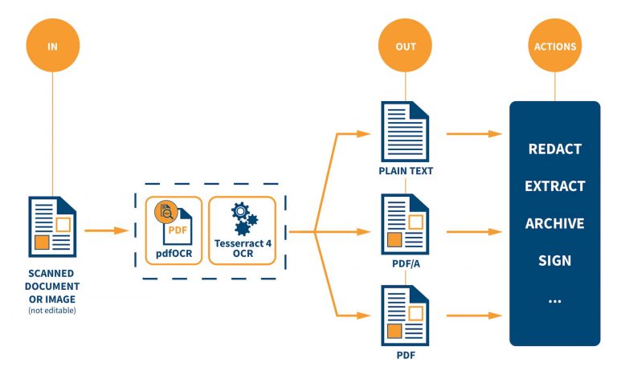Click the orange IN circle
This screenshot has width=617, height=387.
tap(52, 46)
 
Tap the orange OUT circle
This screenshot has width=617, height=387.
tap(406, 46)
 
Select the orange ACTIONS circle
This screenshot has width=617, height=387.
tap(554, 46)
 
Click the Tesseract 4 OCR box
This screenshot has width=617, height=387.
tap(242, 230)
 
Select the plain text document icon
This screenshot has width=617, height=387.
tap(405, 132)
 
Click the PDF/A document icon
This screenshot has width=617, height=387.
tap(405, 224)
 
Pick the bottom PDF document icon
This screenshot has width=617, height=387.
tap(405, 316)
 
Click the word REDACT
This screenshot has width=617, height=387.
tap(554, 149)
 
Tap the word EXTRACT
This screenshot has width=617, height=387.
tap(554, 186)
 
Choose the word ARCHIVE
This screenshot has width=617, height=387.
tap(554, 223)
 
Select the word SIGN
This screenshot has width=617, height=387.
tap(554, 260)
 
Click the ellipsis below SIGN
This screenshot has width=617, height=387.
tap(554, 299)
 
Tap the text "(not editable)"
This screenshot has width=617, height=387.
tap(52, 310)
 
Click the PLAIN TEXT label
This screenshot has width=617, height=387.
tap(405, 171)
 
